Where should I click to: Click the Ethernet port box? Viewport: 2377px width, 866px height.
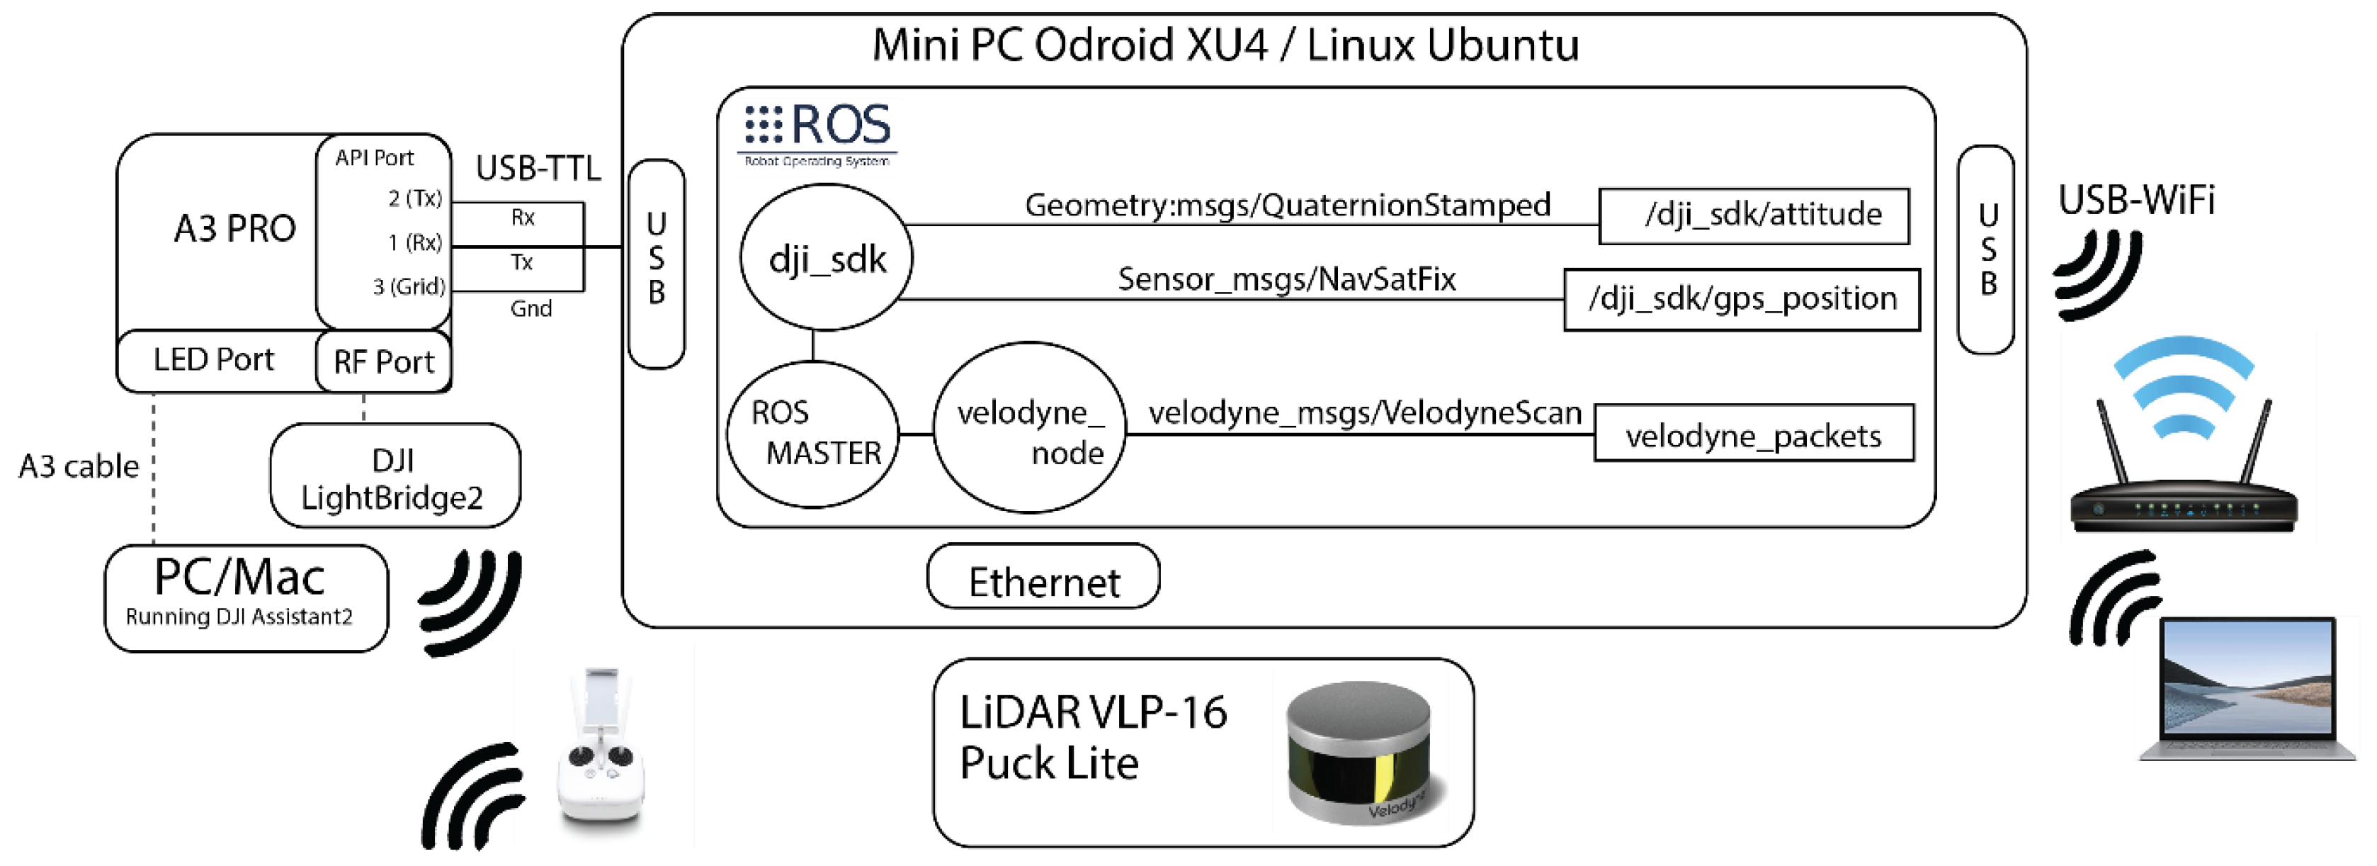click(1043, 576)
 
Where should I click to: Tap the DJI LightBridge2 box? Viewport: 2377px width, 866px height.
click(395, 476)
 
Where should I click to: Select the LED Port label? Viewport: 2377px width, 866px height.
click(213, 359)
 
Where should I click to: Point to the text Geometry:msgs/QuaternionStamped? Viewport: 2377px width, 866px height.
click(1287, 205)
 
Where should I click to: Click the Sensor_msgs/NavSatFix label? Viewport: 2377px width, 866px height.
click(1286, 279)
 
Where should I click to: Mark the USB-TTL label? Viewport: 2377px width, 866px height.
click(538, 168)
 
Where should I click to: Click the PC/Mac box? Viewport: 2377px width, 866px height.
click(246, 598)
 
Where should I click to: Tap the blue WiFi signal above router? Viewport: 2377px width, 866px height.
click(2183, 386)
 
